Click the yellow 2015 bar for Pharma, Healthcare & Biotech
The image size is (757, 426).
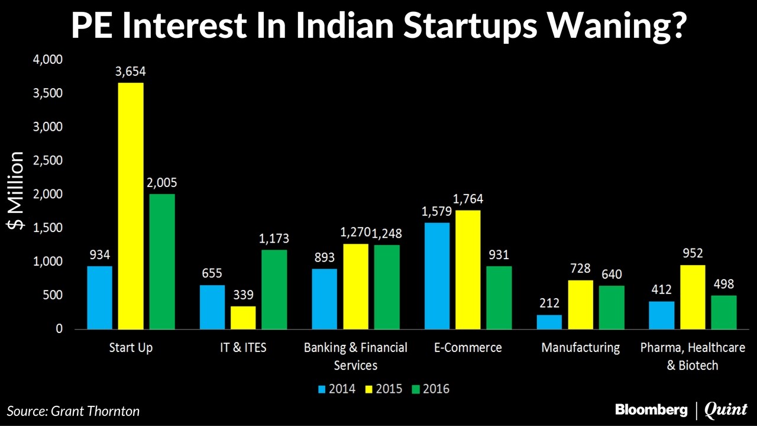(692, 296)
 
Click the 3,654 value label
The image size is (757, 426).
(131, 72)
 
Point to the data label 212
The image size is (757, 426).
(549, 304)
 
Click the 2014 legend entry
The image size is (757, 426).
(338, 389)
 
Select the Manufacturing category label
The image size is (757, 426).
(580, 347)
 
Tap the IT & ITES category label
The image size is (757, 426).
(243, 347)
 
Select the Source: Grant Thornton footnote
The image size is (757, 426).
(73, 411)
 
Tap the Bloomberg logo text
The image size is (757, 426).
(651, 409)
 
